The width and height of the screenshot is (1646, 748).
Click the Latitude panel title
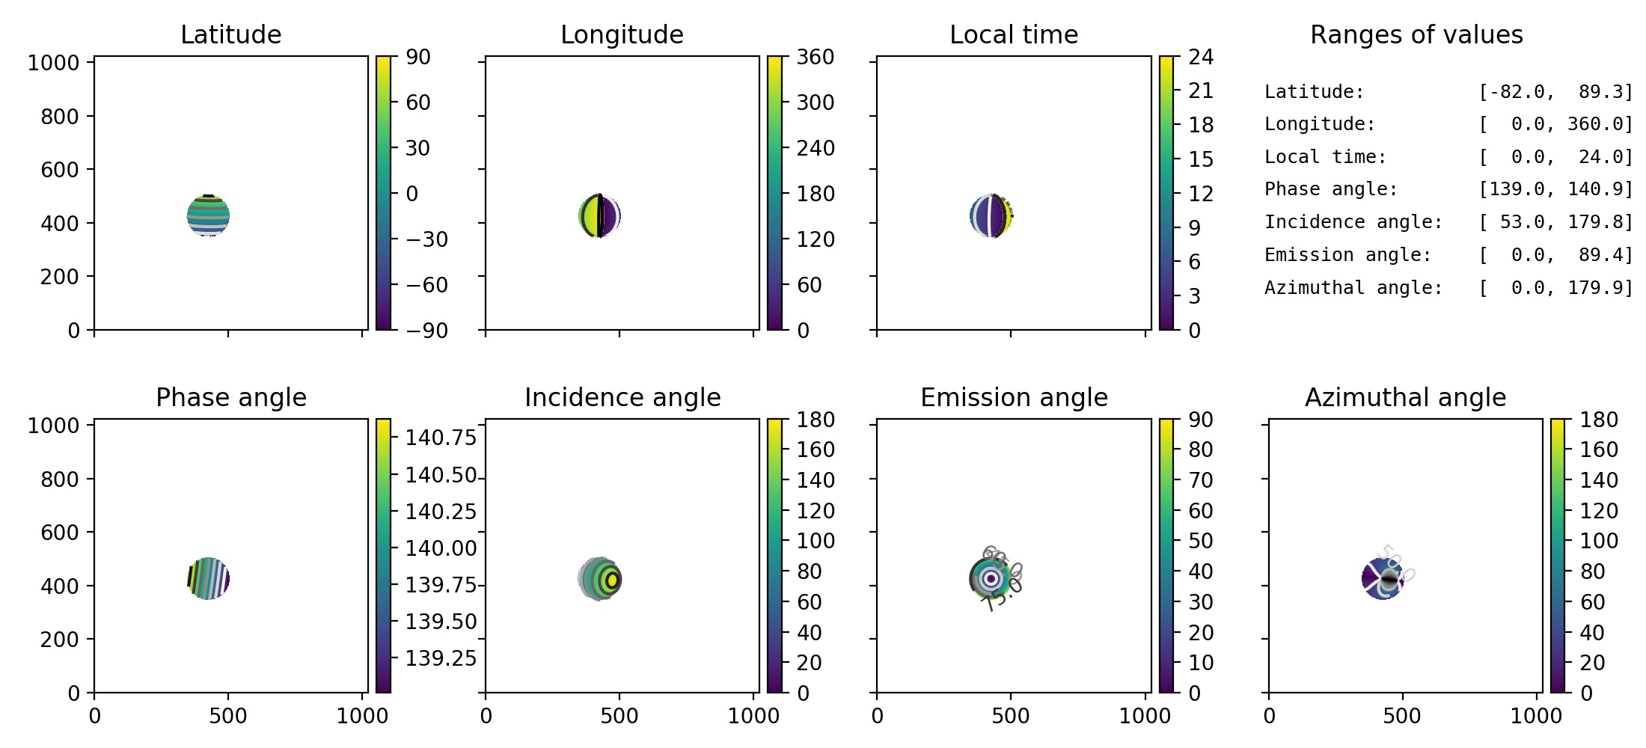(x=230, y=34)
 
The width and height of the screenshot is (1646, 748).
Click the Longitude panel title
(x=622, y=34)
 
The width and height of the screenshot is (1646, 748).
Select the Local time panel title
(x=1014, y=34)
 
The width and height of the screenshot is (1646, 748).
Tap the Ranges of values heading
(x=1416, y=34)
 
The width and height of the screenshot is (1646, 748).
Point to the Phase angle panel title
(x=230, y=397)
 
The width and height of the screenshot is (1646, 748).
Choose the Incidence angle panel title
(x=622, y=397)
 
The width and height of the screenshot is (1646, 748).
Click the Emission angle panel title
(x=1014, y=397)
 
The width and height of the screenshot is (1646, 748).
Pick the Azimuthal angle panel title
(x=1405, y=397)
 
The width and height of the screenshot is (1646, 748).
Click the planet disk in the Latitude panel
(x=208, y=216)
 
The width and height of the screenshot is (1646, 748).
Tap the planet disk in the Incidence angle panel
(x=600, y=579)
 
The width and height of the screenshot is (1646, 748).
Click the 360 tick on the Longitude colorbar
(x=815, y=57)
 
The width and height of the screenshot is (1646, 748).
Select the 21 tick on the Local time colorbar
(x=1201, y=91)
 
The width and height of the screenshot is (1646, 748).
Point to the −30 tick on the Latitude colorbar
(x=426, y=239)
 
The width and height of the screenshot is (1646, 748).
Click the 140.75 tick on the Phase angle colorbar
(x=441, y=438)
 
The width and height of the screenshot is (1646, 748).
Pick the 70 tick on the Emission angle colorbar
(x=1201, y=480)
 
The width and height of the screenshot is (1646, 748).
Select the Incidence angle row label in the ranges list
(x=1353, y=222)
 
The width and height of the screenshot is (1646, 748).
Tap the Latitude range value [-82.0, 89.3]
(x=1555, y=92)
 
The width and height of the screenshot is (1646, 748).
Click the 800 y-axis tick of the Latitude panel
(x=59, y=117)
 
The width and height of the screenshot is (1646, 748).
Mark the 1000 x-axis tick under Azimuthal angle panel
(x=1535, y=716)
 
